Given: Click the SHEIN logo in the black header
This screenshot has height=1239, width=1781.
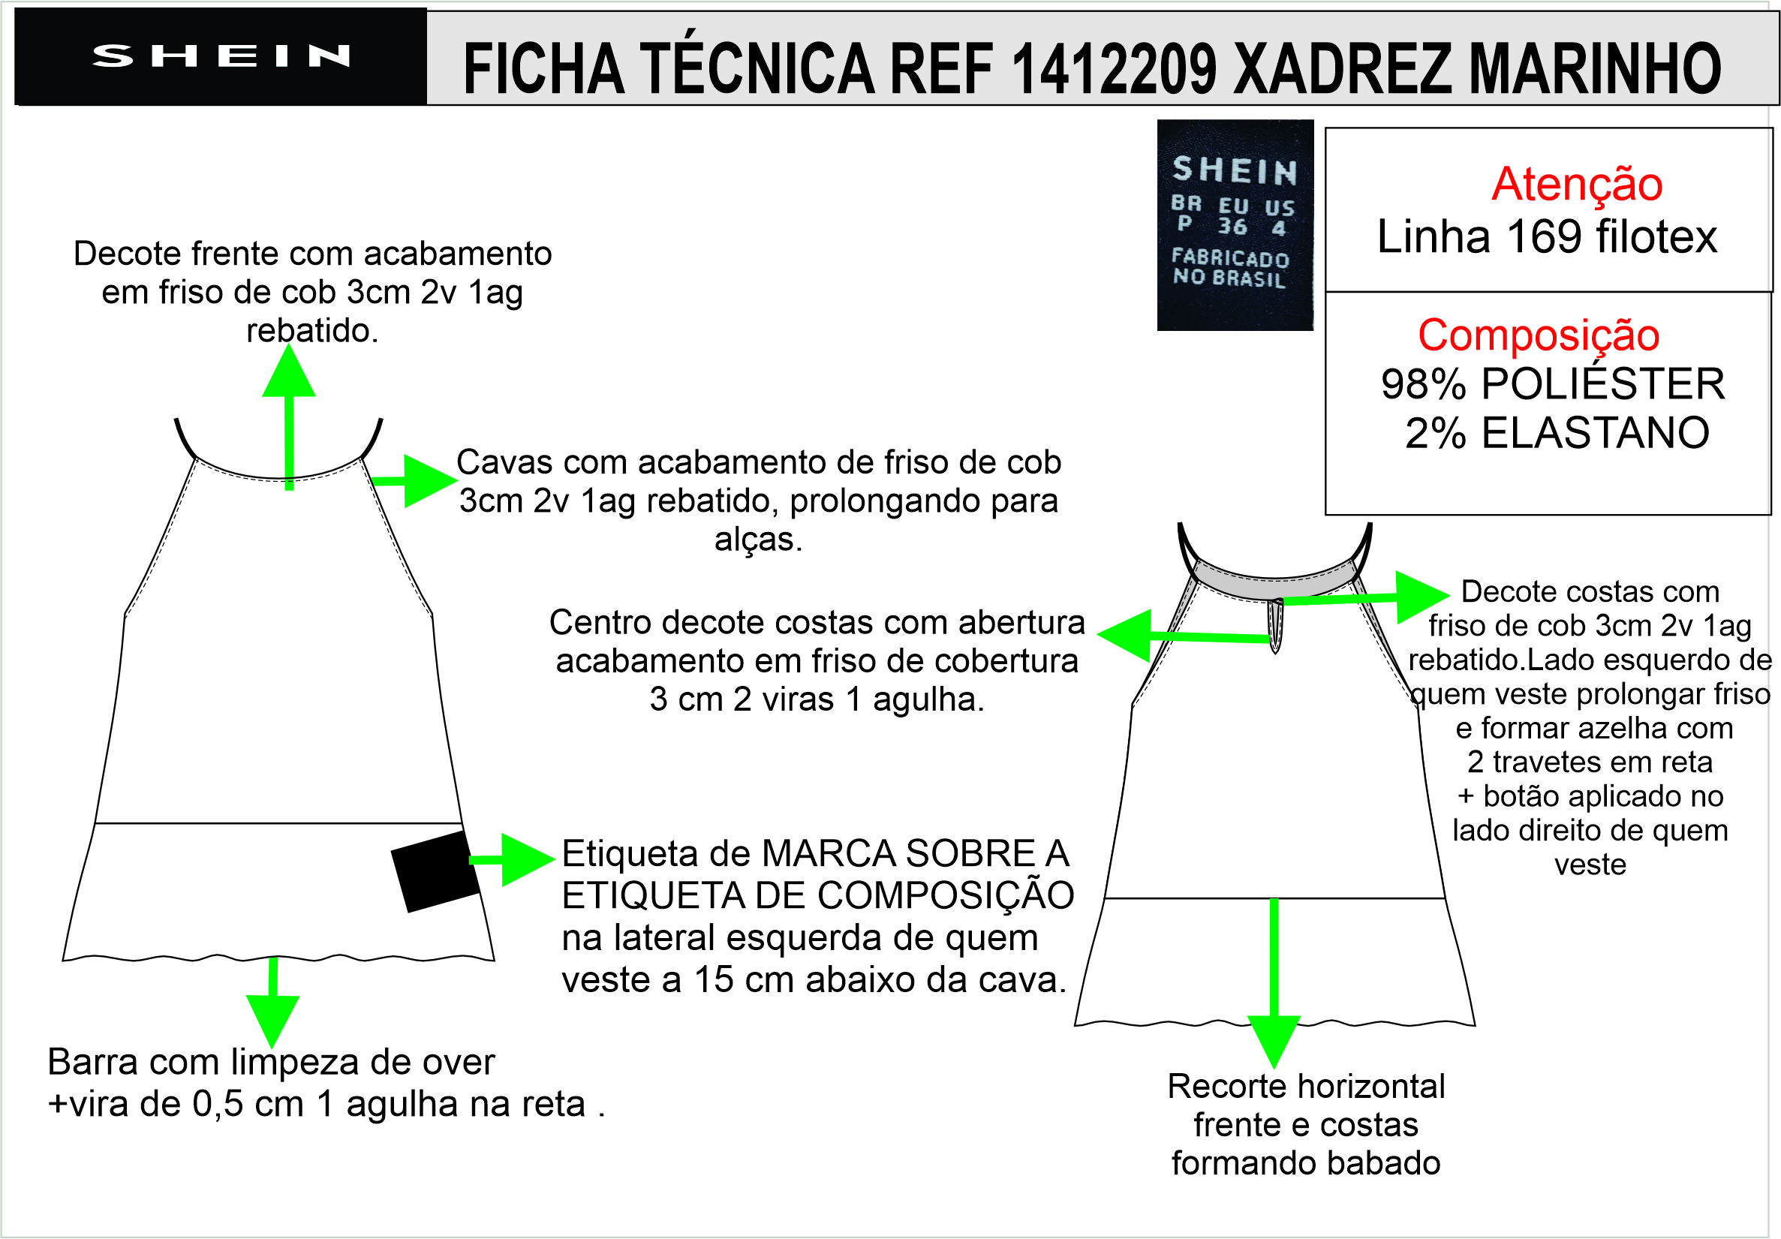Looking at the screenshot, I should click(221, 56).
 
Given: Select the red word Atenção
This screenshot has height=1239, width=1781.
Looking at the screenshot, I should click(1577, 185).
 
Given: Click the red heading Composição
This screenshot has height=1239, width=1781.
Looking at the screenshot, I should click(1539, 335).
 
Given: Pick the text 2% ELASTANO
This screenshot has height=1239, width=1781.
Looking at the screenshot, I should click(1557, 433).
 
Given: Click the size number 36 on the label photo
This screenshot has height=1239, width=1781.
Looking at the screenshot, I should click(1232, 227).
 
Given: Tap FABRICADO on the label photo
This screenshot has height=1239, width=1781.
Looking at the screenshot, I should click(1230, 257).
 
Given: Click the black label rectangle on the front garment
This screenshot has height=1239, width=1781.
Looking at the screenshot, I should click(435, 871).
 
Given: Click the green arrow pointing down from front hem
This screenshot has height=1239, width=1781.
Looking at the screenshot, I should click(272, 1009).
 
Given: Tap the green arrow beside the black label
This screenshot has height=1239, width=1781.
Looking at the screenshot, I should click(516, 859).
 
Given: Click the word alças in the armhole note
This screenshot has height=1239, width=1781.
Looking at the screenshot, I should click(757, 540).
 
